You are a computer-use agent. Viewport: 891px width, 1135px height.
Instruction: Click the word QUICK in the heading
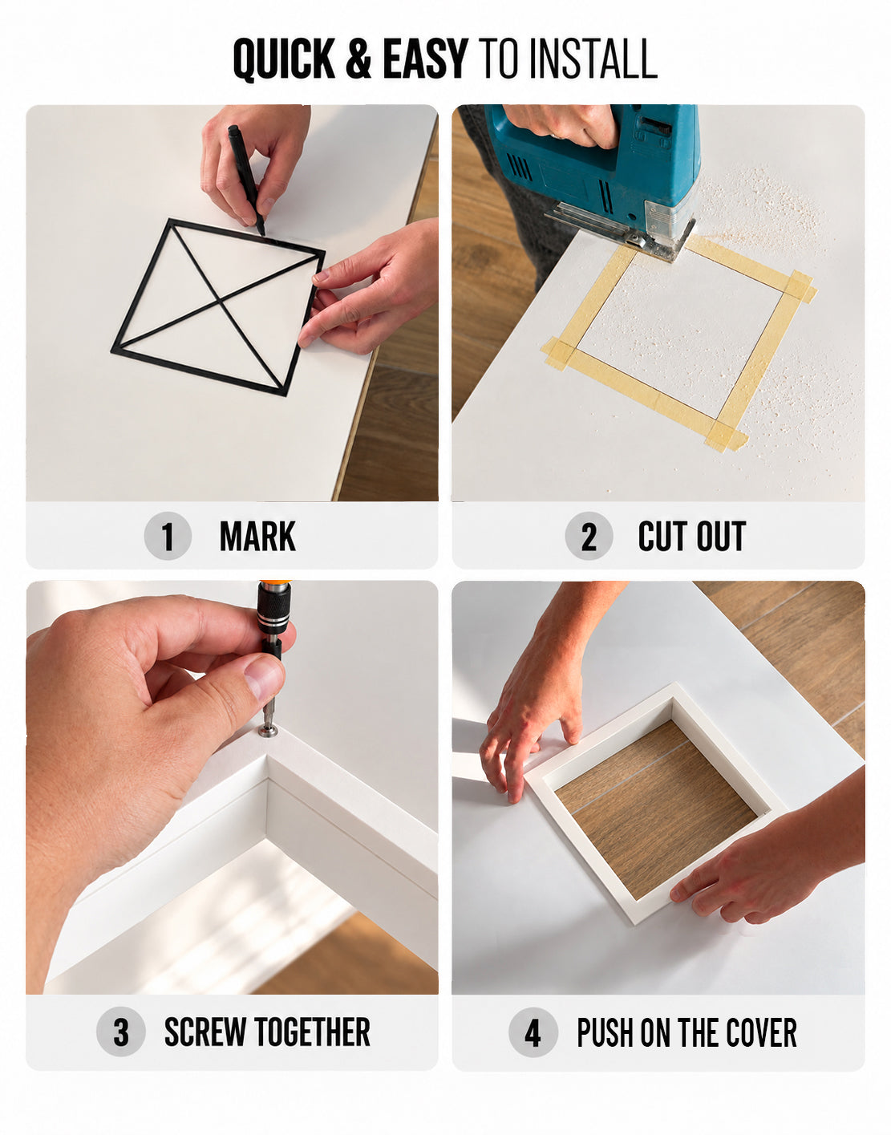pos(284,59)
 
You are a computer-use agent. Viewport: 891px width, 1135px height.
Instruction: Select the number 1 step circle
pos(168,536)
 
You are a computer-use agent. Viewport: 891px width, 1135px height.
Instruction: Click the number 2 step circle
pos(589,536)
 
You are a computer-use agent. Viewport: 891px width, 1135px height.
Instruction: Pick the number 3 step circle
pos(121,1032)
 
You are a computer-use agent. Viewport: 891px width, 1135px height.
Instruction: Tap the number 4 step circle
pos(533,1032)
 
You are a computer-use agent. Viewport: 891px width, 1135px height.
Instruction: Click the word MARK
pos(258,537)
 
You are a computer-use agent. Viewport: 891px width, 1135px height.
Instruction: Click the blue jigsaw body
pos(595,167)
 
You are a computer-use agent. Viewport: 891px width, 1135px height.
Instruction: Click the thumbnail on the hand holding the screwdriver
pos(264,680)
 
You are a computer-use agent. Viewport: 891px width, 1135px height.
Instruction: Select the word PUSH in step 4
pos(606,1032)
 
